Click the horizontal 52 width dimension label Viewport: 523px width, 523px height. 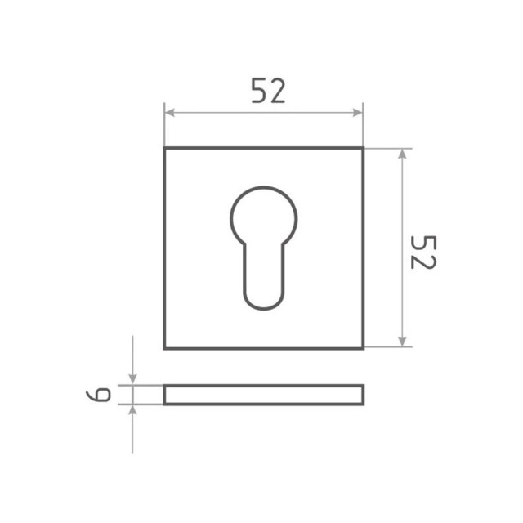[x=268, y=92]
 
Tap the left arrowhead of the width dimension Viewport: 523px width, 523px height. [x=169, y=113]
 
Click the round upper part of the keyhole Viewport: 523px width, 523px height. [x=262, y=214]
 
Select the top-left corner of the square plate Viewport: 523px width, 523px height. [x=165, y=149]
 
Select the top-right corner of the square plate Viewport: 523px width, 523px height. [x=362, y=149]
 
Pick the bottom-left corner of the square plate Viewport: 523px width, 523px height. [x=165, y=348]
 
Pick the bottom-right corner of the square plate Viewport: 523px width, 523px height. [x=362, y=348]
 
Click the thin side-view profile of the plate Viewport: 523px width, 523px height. [x=262, y=395]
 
